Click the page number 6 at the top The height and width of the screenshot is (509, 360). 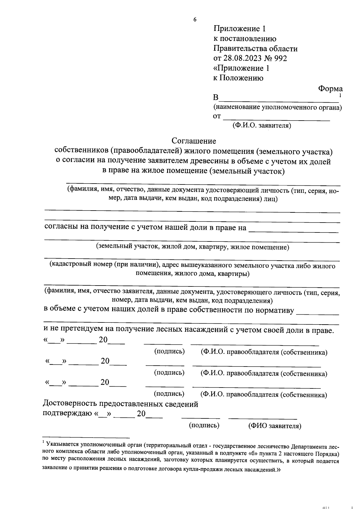click(x=195, y=20)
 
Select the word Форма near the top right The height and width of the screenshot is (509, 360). click(x=330, y=88)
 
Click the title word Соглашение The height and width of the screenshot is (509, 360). click(x=194, y=141)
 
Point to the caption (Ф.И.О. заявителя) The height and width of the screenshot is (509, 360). click(x=262, y=125)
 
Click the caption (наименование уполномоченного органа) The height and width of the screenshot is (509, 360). click(x=277, y=107)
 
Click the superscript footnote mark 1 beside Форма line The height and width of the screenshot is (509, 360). click(x=340, y=96)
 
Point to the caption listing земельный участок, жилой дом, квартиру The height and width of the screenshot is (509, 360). click(x=192, y=247)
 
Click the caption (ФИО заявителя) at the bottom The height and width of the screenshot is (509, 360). click(x=274, y=426)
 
